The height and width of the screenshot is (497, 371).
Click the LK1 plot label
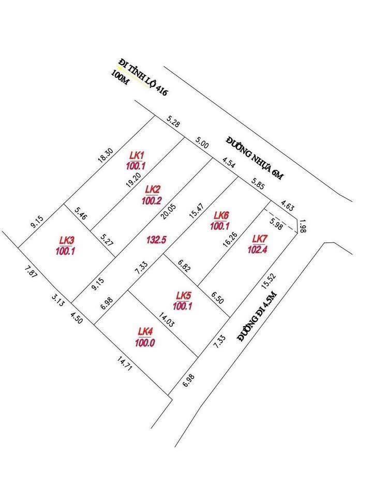pos(137,155)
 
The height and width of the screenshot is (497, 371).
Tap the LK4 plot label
pos(145,331)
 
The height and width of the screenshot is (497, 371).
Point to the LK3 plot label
pos(67,240)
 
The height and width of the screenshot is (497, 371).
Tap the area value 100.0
pos(145,342)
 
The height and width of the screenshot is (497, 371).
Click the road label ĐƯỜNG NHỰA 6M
pos(255,158)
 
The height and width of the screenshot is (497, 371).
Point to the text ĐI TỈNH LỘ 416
pos(144,78)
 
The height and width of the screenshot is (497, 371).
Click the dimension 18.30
pos(106,157)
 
